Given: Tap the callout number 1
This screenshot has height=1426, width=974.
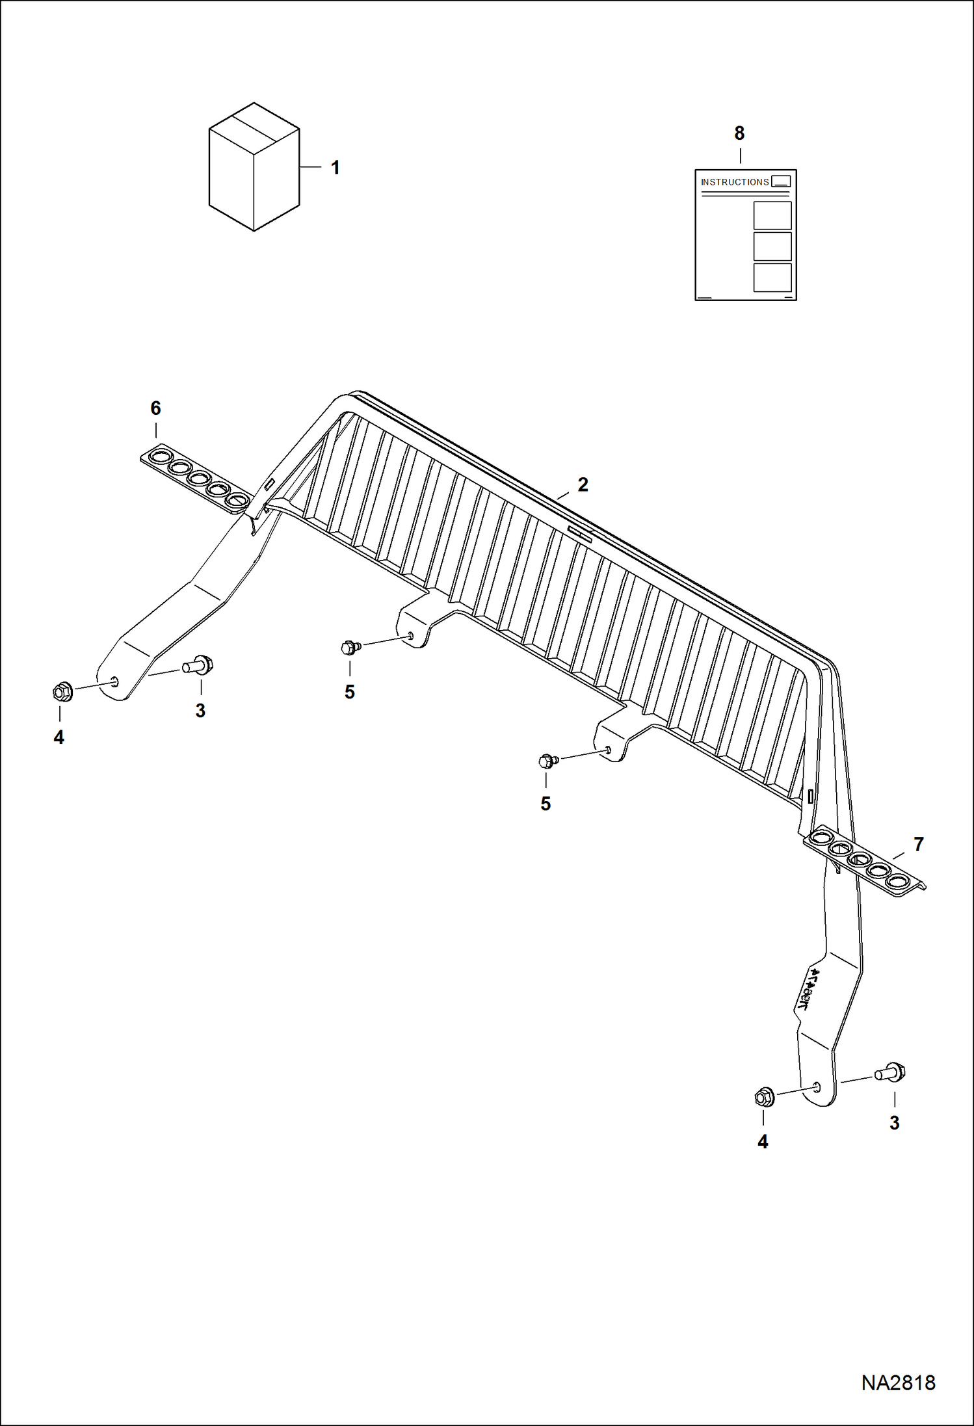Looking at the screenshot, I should coord(335,168).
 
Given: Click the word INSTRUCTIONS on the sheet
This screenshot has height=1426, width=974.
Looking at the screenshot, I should coord(735,182).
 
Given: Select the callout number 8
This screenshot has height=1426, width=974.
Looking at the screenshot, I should coord(739,133).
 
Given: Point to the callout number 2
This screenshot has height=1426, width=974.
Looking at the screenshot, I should coord(583,484).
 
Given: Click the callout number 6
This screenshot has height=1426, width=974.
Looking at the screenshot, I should coord(155,408).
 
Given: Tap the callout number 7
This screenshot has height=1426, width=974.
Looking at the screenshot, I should coord(918,844).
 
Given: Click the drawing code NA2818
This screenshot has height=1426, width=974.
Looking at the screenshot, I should coord(898,1382).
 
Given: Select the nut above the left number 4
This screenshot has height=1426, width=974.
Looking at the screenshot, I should coord(62,692).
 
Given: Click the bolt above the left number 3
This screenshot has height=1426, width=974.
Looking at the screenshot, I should coord(199,665).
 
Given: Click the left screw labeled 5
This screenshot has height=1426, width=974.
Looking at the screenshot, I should coord(350,647).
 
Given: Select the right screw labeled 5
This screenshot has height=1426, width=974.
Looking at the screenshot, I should coord(547,760).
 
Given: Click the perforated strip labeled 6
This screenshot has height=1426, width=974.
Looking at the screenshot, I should coord(195,479).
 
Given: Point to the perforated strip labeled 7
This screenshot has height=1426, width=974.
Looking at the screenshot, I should coord(865,862).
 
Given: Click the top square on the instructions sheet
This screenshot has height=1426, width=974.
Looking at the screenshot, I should coord(772,215).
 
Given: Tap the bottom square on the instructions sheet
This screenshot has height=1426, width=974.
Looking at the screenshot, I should coord(772,277).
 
